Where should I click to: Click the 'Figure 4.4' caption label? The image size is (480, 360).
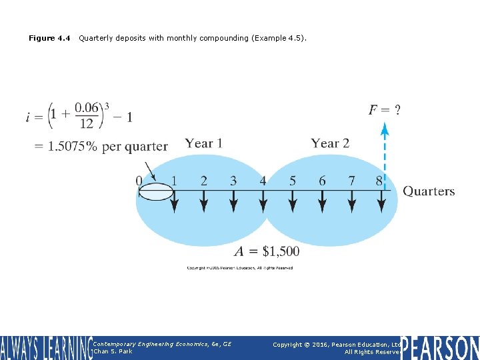[49, 38]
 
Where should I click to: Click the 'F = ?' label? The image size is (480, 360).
[385, 110]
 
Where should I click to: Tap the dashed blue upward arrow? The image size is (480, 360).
[385, 153]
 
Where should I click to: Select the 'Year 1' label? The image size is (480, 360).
[203, 143]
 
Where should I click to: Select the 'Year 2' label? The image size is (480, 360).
[330, 143]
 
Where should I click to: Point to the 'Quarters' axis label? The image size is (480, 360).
[429, 191]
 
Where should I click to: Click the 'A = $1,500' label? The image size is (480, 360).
[267, 251]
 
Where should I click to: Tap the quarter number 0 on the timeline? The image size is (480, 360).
[139, 181]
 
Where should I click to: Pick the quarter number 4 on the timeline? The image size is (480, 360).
[263, 181]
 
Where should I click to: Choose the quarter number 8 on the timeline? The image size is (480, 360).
[379, 181]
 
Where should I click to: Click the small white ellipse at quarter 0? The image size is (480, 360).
[155, 192]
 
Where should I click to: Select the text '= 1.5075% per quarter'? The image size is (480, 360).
[101, 147]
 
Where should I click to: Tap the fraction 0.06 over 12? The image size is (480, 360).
[86, 115]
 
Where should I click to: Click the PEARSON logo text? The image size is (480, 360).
[440, 348]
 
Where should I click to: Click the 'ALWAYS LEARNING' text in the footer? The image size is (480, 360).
[45, 348]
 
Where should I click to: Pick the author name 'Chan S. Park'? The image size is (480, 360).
[113, 351]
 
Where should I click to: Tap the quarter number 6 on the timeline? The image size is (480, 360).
[322, 181]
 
